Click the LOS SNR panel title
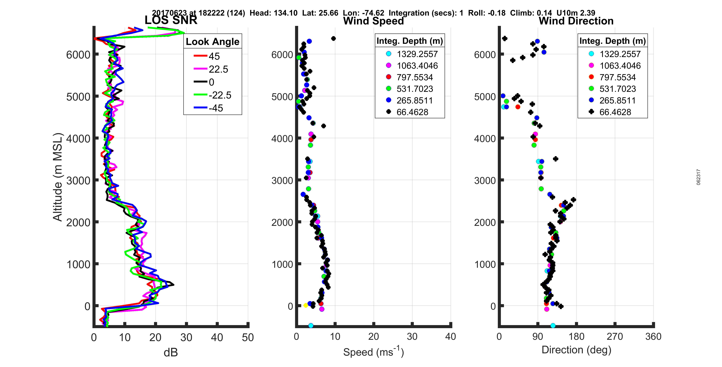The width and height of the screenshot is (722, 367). click(171, 20)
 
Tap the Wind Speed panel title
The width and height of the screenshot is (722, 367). click(373, 21)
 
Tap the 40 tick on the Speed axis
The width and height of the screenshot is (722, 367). click(450, 336)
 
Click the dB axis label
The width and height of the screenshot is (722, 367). click(171, 352)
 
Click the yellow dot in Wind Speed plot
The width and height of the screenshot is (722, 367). click(306, 305)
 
